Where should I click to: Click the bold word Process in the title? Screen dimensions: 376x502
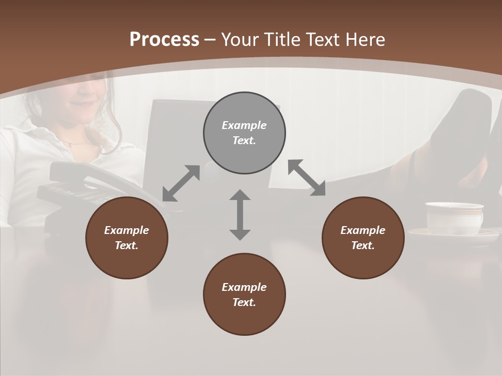[x=164, y=40]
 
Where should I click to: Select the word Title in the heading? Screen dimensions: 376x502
[x=282, y=40]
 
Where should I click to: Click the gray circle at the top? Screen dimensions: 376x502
[x=244, y=133]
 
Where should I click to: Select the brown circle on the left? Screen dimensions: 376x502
[x=127, y=238]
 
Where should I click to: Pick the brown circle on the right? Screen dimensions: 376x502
[x=363, y=238]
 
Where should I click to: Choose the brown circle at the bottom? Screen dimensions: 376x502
[x=244, y=295]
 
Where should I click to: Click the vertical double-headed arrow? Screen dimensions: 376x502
[x=240, y=215]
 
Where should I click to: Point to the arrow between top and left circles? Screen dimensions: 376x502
[x=181, y=183]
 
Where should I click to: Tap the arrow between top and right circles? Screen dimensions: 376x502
[x=306, y=178]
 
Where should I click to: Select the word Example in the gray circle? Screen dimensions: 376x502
[x=244, y=125]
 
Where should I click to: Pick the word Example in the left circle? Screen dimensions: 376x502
[x=127, y=230]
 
